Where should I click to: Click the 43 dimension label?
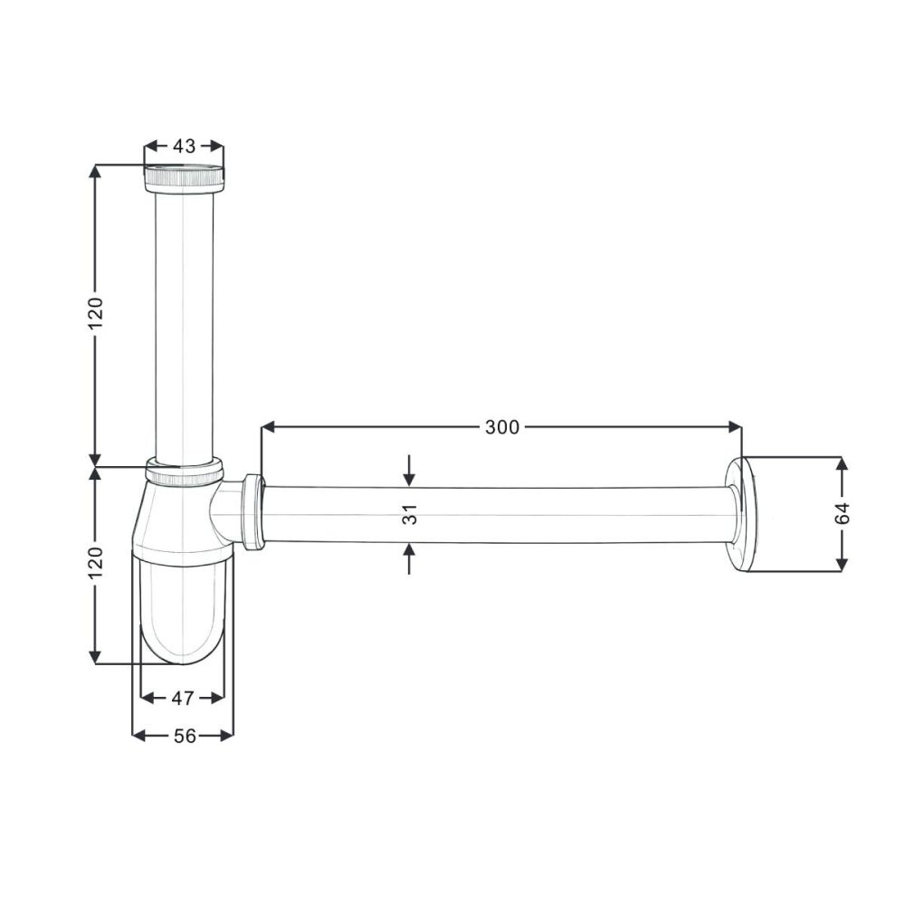click(184, 147)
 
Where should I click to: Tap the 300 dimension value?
click(502, 428)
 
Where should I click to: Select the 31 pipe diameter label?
click(410, 515)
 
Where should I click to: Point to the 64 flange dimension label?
click(842, 514)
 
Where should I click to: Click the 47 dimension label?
click(183, 699)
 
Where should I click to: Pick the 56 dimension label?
click(185, 736)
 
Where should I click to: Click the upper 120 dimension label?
click(95, 314)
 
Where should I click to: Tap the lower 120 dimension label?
click(95, 563)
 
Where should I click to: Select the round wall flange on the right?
click(742, 514)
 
